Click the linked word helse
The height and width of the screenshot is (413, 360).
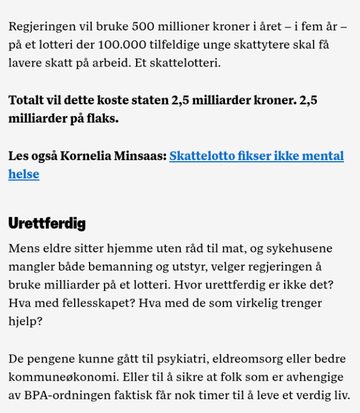click(24, 174)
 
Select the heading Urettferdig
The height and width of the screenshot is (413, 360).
click(47, 223)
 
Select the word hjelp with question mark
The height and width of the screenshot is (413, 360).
click(25, 321)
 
